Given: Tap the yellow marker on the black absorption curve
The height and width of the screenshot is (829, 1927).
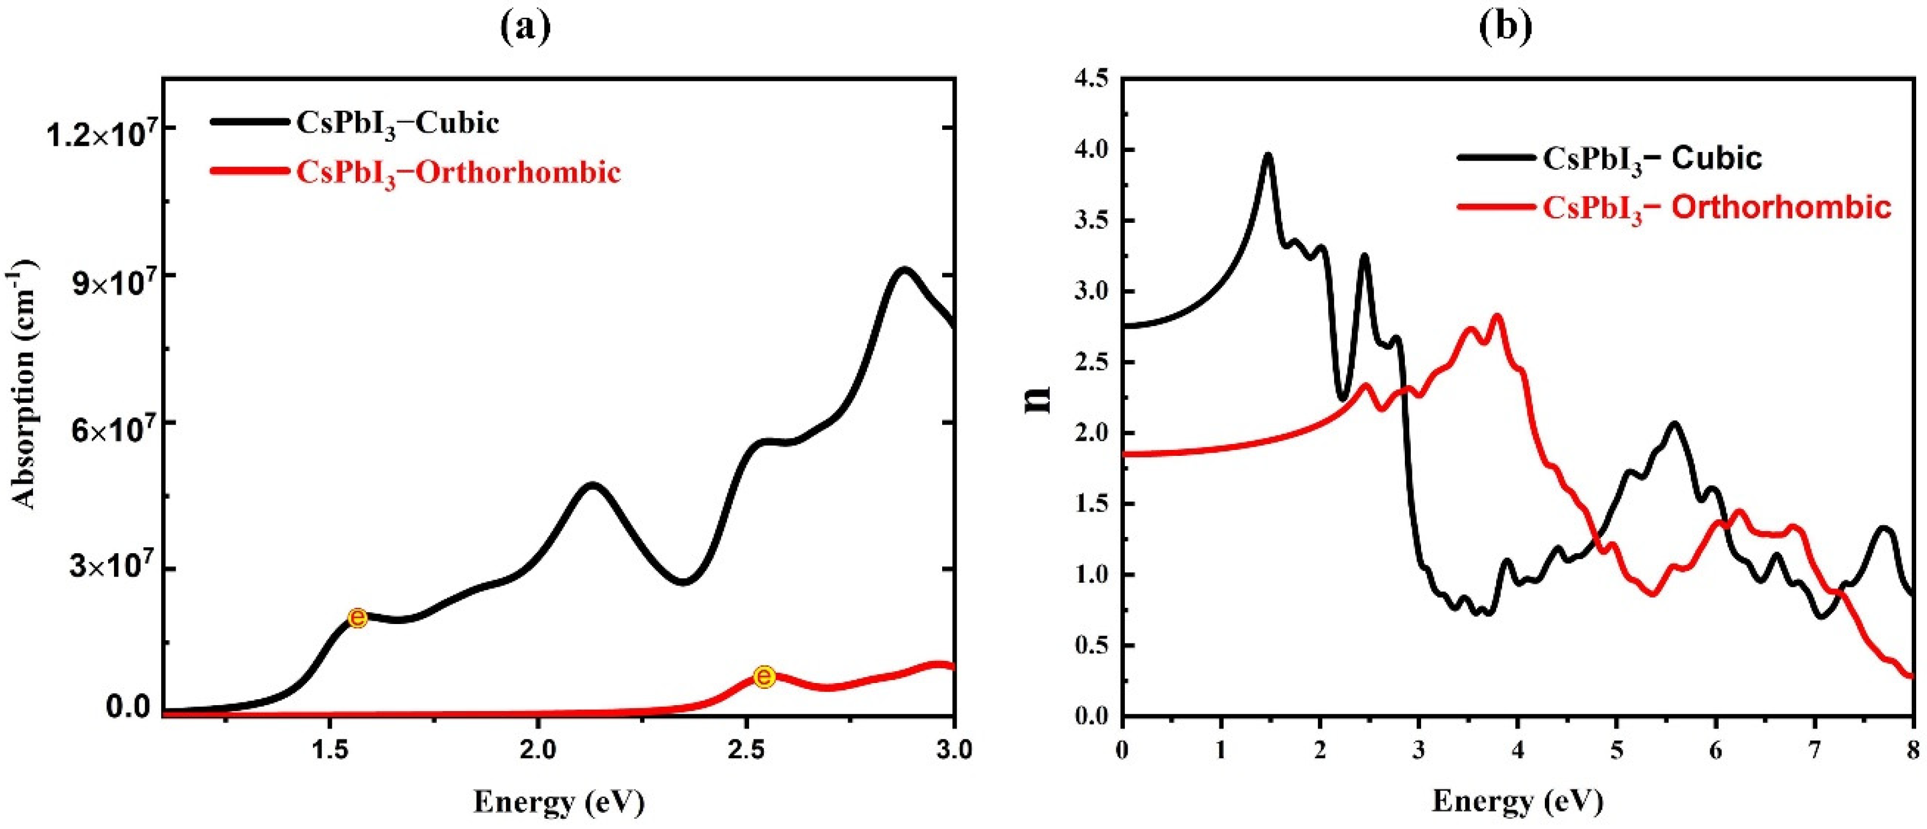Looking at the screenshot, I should (x=358, y=618).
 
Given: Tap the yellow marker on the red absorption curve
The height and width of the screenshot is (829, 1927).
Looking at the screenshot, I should (x=764, y=677).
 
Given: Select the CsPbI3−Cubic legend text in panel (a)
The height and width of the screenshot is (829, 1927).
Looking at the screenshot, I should (x=397, y=123).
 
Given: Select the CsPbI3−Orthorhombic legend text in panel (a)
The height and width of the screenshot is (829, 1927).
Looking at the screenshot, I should (x=458, y=174).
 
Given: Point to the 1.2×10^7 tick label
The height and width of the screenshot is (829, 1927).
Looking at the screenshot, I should (x=103, y=132).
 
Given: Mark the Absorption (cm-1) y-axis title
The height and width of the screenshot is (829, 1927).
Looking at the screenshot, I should (x=27, y=384).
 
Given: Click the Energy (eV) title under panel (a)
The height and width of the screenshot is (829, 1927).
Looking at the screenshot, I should (x=559, y=803).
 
